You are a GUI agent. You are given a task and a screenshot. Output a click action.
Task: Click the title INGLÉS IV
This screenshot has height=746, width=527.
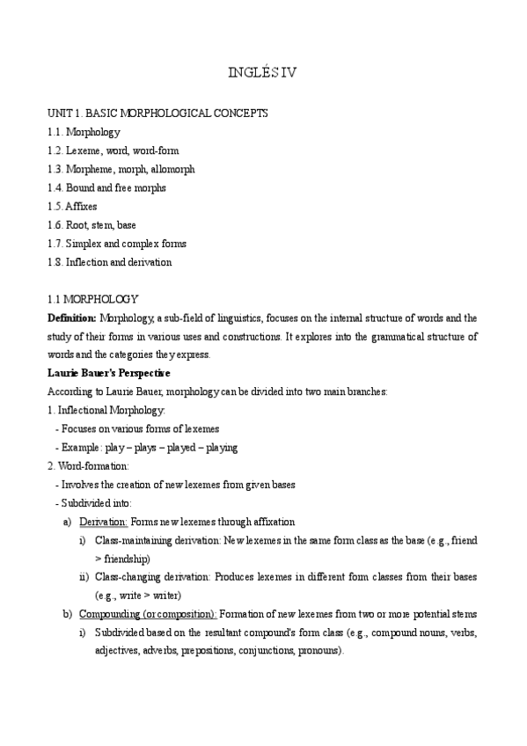coord(263,74)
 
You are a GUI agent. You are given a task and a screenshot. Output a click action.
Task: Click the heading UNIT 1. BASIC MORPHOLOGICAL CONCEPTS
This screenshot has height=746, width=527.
coord(157,113)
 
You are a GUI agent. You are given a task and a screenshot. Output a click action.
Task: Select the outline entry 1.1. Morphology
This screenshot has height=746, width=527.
coord(84,132)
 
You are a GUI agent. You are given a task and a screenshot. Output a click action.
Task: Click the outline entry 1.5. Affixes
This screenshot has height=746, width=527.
coord(72,206)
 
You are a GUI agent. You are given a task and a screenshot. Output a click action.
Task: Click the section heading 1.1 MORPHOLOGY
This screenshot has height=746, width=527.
coord(92,299)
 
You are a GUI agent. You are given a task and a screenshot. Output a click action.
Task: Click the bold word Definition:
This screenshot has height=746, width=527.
coord(72,318)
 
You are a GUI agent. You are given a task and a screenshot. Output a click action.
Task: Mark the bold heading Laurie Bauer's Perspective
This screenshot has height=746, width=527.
coord(108,373)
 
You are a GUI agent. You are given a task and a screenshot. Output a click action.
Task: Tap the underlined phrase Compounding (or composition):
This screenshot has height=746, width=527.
coord(148,614)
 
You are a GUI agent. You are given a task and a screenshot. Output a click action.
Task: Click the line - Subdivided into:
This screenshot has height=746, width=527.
coord(92,502)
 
